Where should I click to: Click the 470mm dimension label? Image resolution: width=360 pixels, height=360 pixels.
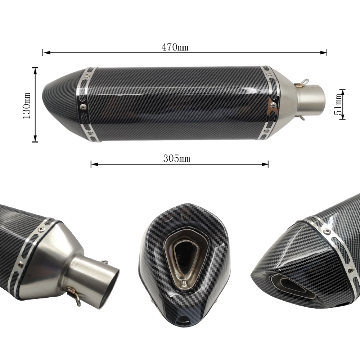[x=175, y=47]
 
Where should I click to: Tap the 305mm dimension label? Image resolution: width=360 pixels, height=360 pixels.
[x=176, y=158]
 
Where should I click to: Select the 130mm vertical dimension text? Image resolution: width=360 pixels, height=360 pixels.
[x=27, y=105]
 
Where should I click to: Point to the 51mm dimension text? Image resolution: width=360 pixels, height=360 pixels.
[x=338, y=104]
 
